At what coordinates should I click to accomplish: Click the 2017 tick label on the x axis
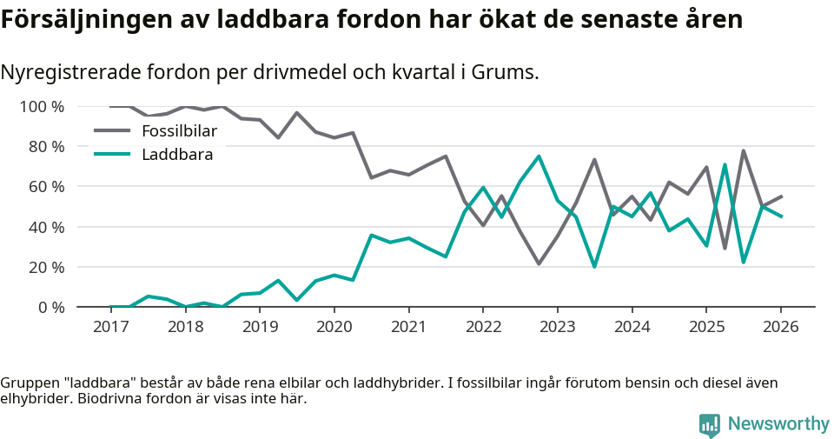coord(110,327)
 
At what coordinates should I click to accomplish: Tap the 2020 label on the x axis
coord(334,327)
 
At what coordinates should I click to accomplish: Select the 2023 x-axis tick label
coord(557,327)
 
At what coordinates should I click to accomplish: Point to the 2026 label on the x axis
coord(780,327)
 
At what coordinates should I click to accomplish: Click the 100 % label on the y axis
coord(42,107)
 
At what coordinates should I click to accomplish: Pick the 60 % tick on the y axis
coord(46,187)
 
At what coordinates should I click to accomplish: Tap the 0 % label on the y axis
coord(50,307)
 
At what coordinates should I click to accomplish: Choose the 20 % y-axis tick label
coord(46,267)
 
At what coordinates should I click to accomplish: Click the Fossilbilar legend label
coord(179,131)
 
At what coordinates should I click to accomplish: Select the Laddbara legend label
coord(177,155)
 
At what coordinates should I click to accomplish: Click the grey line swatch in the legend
coord(111,131)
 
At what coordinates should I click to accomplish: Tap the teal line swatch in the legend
coord(111,155)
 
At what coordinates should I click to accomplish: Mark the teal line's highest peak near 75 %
coord(539,156)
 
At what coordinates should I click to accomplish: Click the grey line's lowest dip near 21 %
coord(539,263)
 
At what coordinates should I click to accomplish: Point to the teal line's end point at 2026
coord(781,216)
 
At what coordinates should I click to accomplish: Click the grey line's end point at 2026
coord(781,196)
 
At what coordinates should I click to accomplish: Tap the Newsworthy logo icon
coord(710,424)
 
